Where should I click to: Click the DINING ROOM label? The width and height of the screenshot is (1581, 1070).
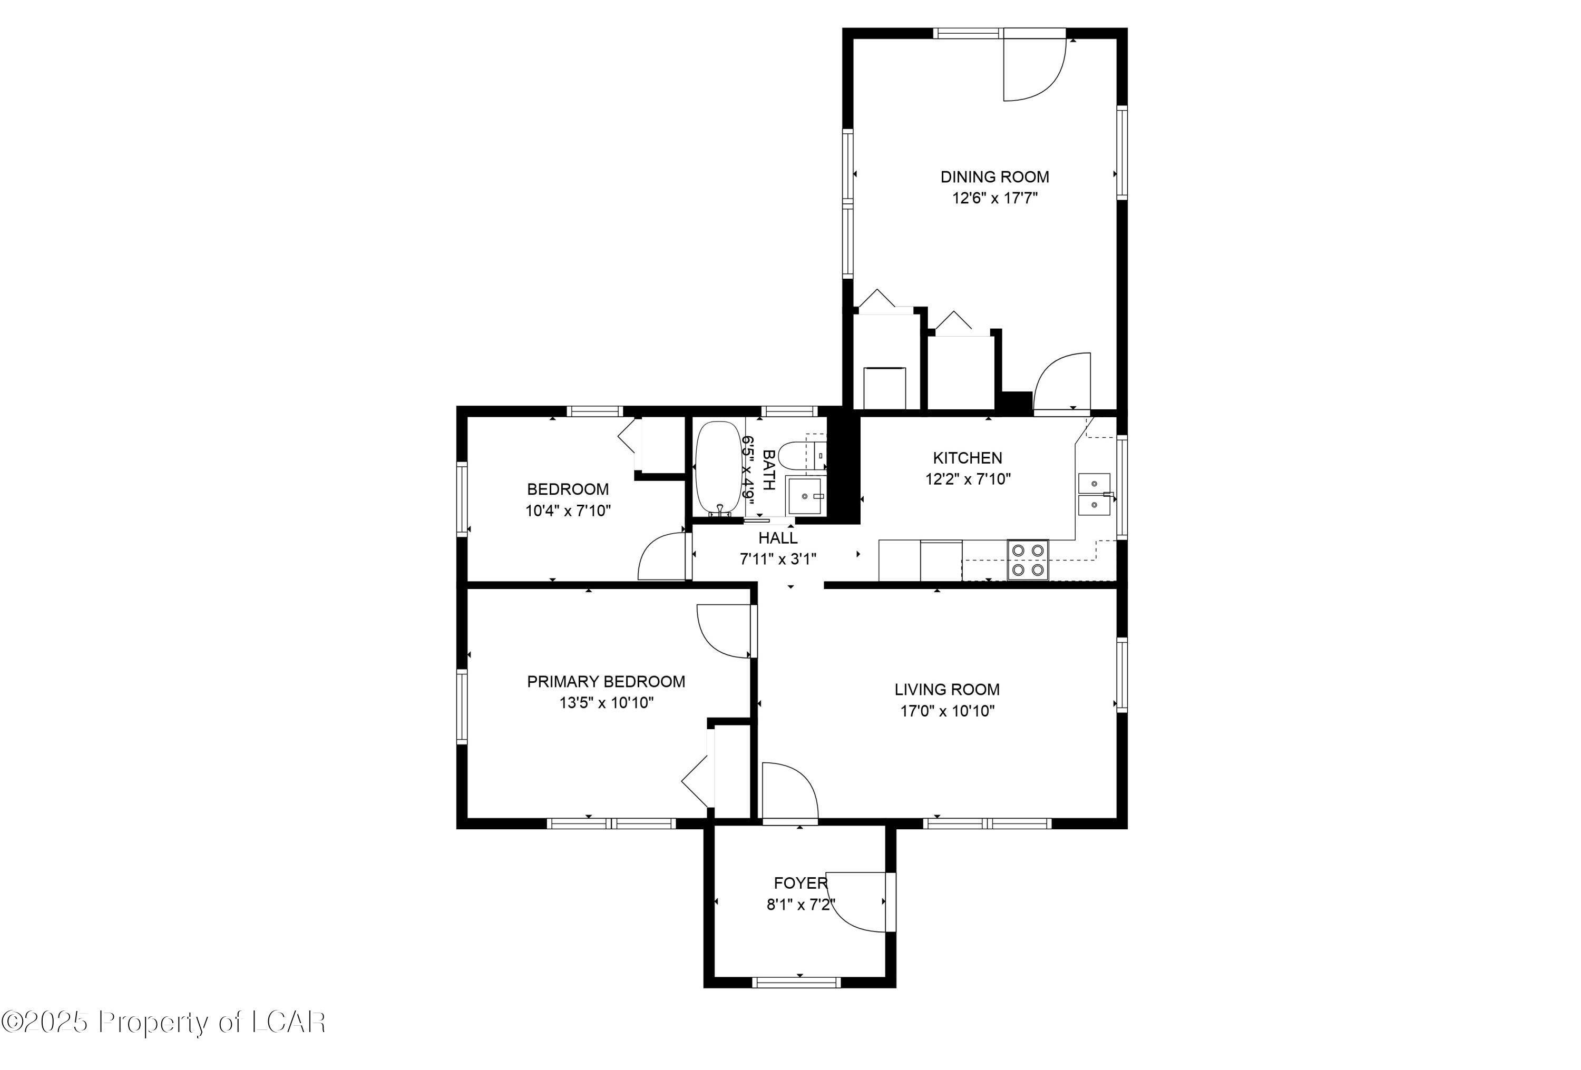[x=994, y=177]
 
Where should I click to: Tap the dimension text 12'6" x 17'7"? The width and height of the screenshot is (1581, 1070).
[x=994, y=199]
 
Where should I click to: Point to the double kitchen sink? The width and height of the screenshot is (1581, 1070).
[x=1094, y=494]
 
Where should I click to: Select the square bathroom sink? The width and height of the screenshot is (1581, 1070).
[x=805, y=495]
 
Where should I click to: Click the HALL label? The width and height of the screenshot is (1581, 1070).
[x=777, y=538]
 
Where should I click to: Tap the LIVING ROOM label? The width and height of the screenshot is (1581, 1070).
[x=946, y=690]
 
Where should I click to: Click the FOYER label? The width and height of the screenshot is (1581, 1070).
[x=800, y=884]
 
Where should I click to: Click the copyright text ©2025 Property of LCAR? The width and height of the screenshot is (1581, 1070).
[x=163, y=1023]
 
